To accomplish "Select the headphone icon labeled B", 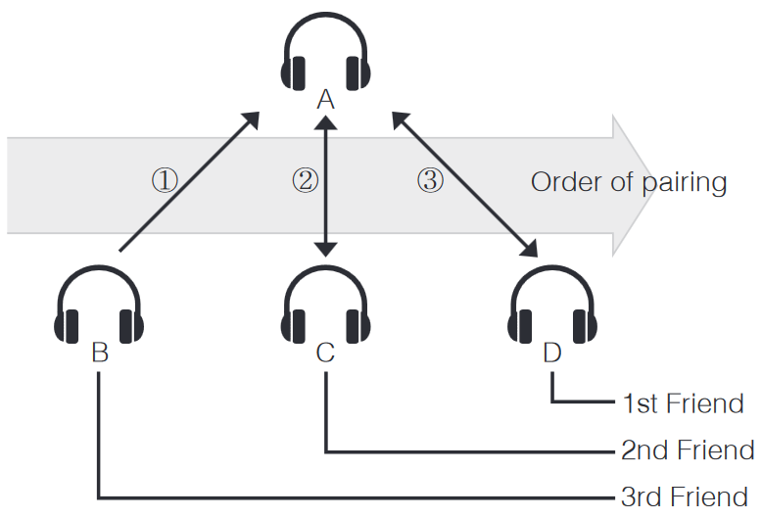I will pyautogui.click(x=99, y=306).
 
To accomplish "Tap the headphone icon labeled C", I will pyautogui.click(x=326, y=306).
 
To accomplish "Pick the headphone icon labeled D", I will pyautogui.click(x=552, y=306).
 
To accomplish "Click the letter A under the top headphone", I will pyautogui.click(x=326, y=100).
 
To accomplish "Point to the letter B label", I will pyautogui.click(x=99, y=353).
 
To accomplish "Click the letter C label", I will pyautogui.click(x=326, y=353).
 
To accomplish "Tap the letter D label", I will pyautogui.click(x=552, y=353).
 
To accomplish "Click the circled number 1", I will pyautogui.click(x=165, y=180).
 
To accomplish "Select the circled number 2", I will pyautogui.click(x=305, y=180).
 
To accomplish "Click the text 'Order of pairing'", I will pyautogui.click(x=628, y=182).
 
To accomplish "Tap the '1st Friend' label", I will pyautogui.click(x=683, y=402).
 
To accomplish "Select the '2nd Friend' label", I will pyautogui.click(x=688, y=450).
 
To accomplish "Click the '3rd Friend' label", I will pyautogui.click(x=685, y=496).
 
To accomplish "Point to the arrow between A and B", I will pyautogui.click(x=188, y=183).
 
